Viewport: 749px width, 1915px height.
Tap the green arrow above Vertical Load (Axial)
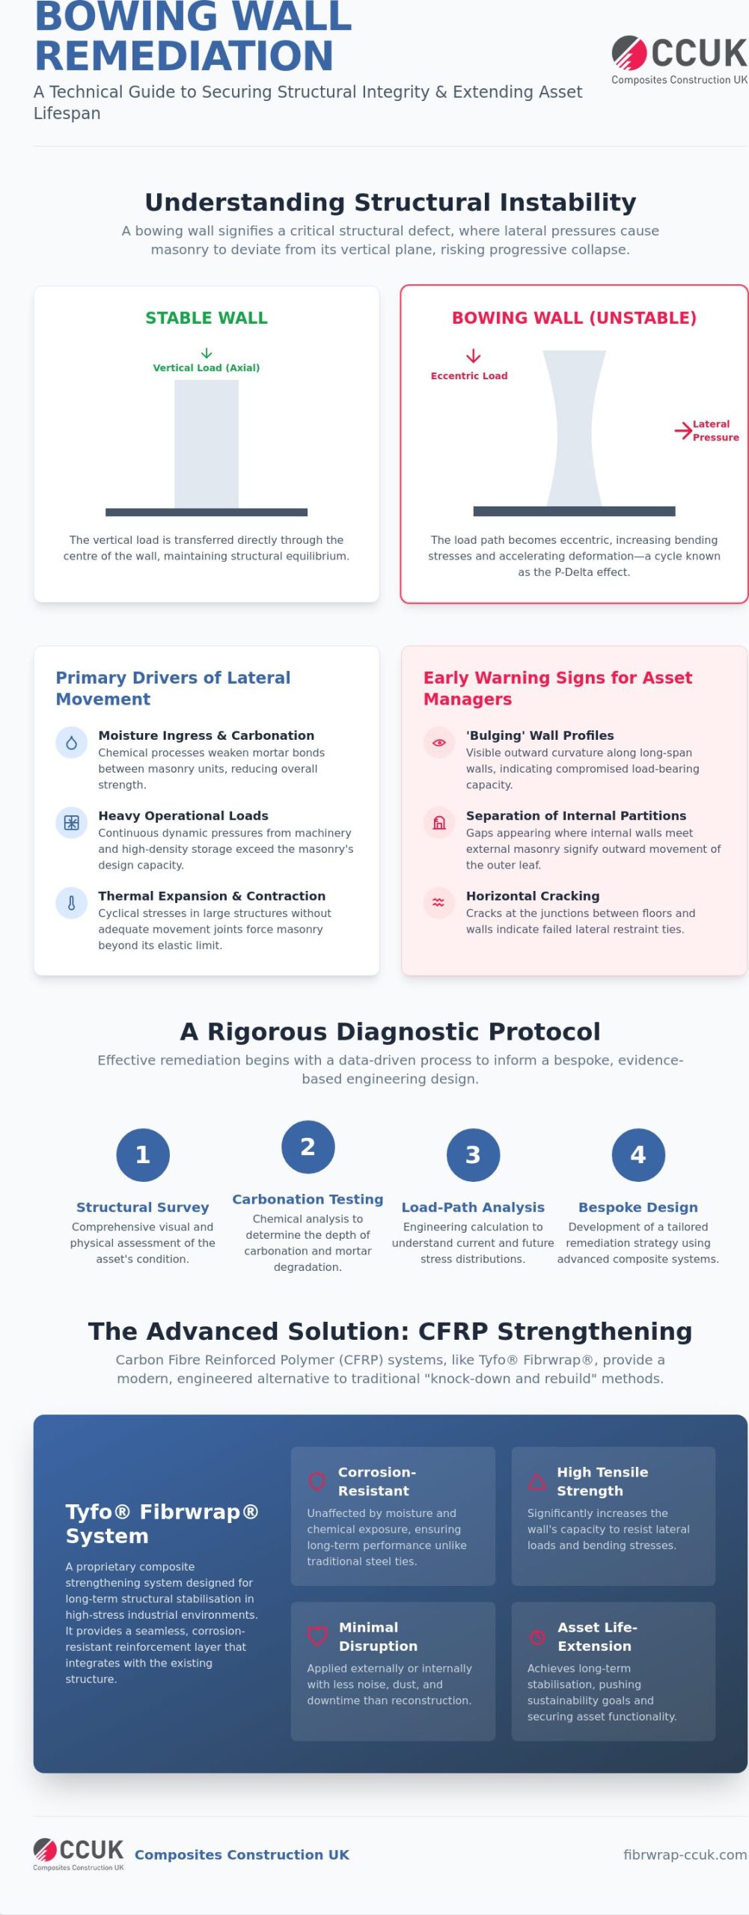(207, 353)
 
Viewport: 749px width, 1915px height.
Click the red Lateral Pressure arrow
(683, 430)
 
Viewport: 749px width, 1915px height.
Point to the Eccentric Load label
(469, 376)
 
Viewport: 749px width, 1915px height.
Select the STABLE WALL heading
(207, 318)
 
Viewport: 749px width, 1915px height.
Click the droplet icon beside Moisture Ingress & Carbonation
(72, 743)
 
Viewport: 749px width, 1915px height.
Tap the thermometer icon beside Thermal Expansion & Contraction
(72, 903)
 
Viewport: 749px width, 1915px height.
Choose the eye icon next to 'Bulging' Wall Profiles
(439, 743)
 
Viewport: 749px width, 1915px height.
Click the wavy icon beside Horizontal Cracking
(439, 903)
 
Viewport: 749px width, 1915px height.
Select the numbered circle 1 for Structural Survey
(143, 1155)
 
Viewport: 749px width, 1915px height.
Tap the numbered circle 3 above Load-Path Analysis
(473, 1155)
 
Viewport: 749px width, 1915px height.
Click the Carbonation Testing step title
(308, 1199)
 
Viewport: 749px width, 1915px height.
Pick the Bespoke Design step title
(638, 1207)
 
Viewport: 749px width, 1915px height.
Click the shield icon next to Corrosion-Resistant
(317, 1481)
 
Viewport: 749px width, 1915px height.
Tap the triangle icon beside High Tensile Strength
(537, 1481)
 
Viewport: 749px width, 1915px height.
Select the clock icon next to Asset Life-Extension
(537, 1637)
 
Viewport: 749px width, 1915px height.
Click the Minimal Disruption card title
(379, 1637)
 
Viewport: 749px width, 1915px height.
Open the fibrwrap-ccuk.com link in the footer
(685, 1854)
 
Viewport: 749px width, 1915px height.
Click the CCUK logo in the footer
(79, 1854)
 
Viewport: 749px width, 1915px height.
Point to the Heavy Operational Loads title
(183, 815)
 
